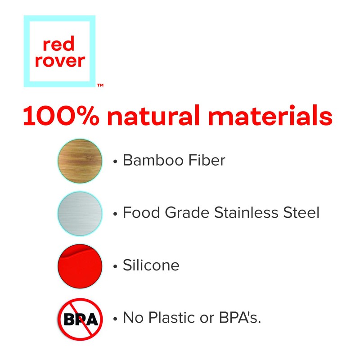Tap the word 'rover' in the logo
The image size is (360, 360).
click(x=59, y=61)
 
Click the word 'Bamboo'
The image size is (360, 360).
click(x=150, y=160)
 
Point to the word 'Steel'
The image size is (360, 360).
click(x=301, y=212)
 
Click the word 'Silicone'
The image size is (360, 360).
click(x=151, y=265)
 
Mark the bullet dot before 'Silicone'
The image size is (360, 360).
click(x=116, y=266)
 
